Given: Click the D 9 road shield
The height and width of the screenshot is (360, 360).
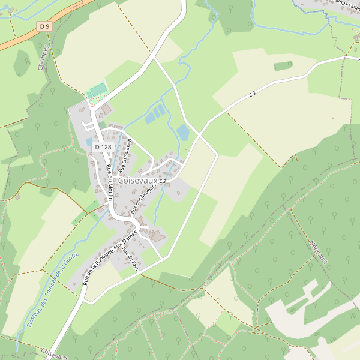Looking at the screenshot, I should [44, 26].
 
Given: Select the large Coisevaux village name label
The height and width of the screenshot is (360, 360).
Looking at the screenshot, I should [137, 181].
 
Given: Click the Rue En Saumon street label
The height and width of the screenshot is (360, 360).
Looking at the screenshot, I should [127, 153].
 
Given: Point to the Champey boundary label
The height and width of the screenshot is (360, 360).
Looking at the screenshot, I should [43, 57].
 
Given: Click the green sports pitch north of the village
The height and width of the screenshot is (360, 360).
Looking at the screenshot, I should [98, 90].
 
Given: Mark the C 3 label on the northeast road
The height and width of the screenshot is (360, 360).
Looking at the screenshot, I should [252, 94].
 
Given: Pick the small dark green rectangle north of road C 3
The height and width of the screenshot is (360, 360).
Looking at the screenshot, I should [283, 65].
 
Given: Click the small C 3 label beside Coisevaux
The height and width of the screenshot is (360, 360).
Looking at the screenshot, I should [163, 180].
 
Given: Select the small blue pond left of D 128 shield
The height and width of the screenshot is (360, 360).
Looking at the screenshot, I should [89, 142].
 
